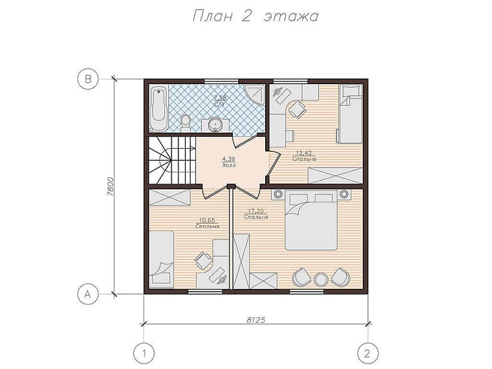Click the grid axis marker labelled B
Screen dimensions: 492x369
tap(88, 79)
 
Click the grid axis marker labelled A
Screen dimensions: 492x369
tap(88, 294)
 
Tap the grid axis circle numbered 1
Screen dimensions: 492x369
tap(144, 354)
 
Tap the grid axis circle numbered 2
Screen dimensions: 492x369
tap(367, 354)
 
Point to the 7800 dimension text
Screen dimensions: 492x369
tap(110, 187)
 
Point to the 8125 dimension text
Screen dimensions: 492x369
tap(256, 320)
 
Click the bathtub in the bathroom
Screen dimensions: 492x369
tap(158, 108)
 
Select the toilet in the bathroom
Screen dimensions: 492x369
tap(186, 123)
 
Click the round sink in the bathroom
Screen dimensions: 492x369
tap(215, 125)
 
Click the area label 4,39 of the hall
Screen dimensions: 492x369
tap(229, 159)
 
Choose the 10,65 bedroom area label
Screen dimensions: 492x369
tap(207, 220)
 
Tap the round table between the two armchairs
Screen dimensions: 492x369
tap(321, 279)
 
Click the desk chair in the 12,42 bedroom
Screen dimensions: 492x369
tap(297, 110)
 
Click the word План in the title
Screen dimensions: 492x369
tap(212, 16)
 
